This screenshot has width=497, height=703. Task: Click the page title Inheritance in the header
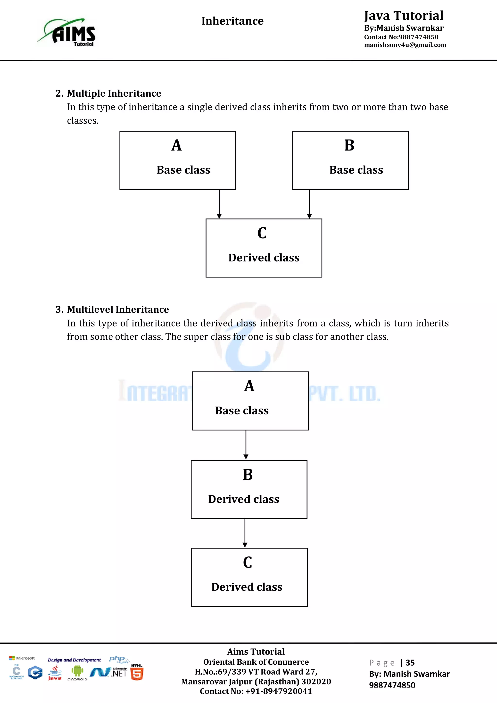pos(232,21)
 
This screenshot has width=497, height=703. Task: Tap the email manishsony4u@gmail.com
pos(405,45)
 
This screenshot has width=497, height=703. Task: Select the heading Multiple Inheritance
pos(114,93)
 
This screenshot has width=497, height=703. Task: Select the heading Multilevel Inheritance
pos(118,310)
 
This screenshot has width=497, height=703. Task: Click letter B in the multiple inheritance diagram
pos(349,145)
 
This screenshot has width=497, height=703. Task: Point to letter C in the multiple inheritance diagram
pos(262,233)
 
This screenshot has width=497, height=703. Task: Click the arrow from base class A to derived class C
pos(219,204)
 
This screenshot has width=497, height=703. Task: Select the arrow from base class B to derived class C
pos(309,204)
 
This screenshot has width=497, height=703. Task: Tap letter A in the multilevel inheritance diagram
pos(249,386)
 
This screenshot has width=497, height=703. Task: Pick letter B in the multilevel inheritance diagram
pos(248,475)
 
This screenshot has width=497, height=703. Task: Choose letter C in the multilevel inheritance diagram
pos(248,562)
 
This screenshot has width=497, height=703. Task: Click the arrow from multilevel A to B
pos(246,444)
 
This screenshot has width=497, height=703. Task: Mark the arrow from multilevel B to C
pos(245,533)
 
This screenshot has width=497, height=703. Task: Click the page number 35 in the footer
pos(410,663)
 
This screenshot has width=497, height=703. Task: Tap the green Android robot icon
pos(77,671)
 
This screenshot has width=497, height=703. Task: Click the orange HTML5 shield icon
pos(137,674)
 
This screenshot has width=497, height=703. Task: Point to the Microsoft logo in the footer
pos(22,658)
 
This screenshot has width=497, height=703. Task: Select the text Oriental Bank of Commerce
pos(256,662)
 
